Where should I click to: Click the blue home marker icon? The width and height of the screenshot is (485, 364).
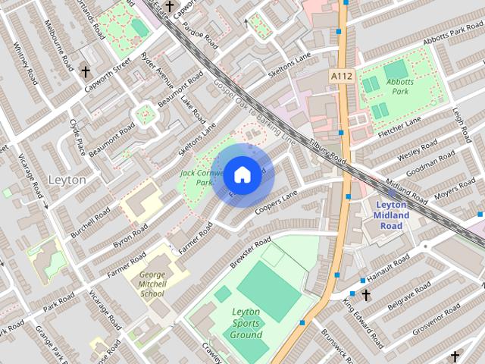point(242,174)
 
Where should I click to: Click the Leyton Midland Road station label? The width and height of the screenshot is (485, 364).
point(392,210)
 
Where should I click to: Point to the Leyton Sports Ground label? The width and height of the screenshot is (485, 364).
point(246,323)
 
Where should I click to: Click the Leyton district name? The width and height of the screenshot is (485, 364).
point(67,180)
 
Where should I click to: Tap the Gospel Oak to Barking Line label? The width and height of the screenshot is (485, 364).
point(254,111)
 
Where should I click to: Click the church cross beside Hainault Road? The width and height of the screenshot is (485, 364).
point(366,294)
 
